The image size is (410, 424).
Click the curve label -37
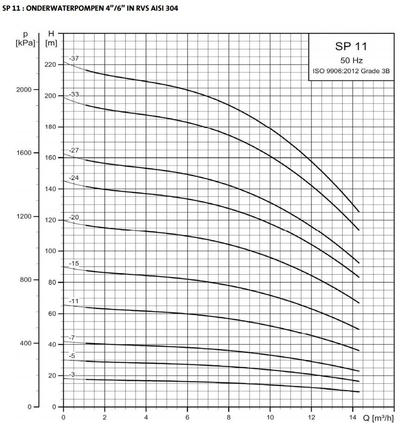[74, 58]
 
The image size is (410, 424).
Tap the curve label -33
[74, 94]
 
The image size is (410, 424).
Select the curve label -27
[74, 150]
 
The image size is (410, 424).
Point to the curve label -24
[74, 178]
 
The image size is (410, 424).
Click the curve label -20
[74, 218]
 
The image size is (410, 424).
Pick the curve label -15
[74, 263]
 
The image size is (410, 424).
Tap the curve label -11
[74, 301]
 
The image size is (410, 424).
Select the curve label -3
[72, 374]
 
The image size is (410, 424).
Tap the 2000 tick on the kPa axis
[24, 90]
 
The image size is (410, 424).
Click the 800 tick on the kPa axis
[26, 280]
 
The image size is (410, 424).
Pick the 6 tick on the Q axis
[187, 417]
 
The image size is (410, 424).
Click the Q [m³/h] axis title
[378, 418]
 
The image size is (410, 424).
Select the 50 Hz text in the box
[352, 60]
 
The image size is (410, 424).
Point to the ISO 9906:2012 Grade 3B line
[351, 71]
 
